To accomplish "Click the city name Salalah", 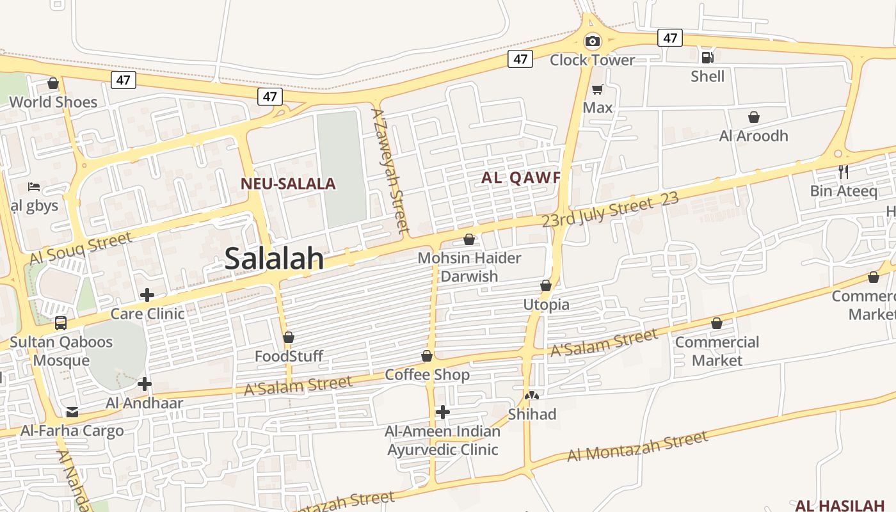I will (274, 259).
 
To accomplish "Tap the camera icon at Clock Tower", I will (593, 42).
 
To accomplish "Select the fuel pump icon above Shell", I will (707, 58).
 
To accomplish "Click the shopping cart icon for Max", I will (597, 90).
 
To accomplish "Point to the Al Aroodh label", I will (753, 136).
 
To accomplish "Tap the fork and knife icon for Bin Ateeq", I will (844, 172).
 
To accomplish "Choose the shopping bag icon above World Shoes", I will (53, 83).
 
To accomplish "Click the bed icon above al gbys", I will (34, 187).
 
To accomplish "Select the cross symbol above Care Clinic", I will (147, 295).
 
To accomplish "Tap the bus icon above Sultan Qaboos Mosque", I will (61, 323).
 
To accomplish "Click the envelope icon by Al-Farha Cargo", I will (72, 412).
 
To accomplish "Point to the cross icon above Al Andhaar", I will (145, 384).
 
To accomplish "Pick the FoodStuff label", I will (289, 356).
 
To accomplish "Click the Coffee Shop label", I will (427, 374).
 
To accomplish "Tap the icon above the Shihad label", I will (532, 396).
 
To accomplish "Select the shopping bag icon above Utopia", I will (546, 285).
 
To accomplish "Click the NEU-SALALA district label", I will (288, 184).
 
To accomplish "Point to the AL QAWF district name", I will (520, 178).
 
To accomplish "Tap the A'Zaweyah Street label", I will (390, 170).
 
